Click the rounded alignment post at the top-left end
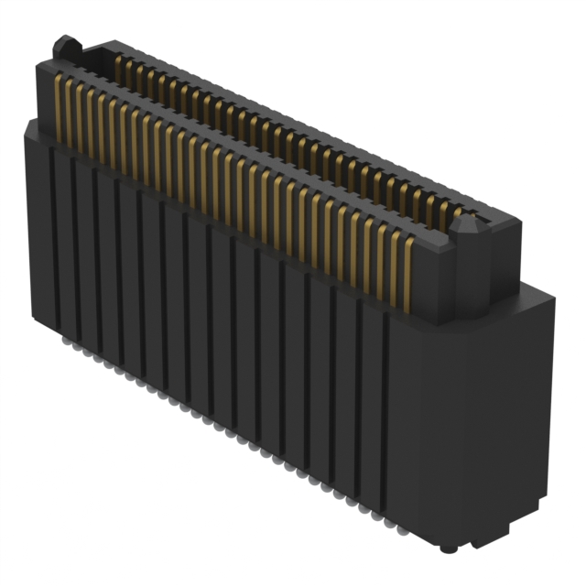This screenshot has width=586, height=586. [63, 44]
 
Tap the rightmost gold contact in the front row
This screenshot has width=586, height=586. [404, 266]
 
